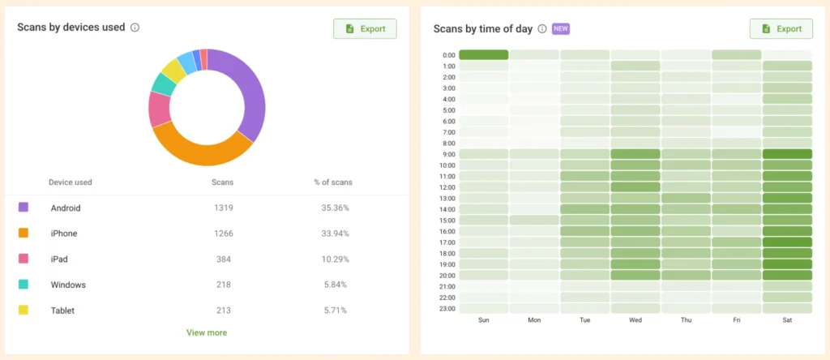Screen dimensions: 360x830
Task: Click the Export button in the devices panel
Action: pos(365,28)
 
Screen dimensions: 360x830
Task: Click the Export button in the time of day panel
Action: pos(781,28)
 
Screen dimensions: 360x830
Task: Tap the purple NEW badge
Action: pos(561,28)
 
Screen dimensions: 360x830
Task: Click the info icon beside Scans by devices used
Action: pos(135,28)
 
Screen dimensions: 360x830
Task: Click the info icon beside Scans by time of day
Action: pos(542,28)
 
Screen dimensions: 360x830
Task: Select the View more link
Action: pos(207,332)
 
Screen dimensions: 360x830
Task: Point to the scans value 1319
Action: pos(223,208)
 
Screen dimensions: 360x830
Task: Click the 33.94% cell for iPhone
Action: pos(333,234)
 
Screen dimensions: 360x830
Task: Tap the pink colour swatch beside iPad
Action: pos(24,259)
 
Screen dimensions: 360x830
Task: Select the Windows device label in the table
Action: pos(68,285)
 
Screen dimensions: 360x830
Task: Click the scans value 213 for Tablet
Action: pos(223,311)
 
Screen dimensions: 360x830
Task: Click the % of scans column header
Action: pos(333,182)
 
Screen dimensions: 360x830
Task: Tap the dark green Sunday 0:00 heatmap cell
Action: pos(483,55)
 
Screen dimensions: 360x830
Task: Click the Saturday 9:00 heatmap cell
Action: pos(787,154)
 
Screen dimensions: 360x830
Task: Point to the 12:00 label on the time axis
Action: pos(448,187)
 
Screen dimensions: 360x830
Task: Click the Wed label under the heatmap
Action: pos(635,320)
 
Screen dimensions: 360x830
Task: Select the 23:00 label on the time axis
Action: pos(448,309)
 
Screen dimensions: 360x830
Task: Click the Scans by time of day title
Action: pos(483,28)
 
